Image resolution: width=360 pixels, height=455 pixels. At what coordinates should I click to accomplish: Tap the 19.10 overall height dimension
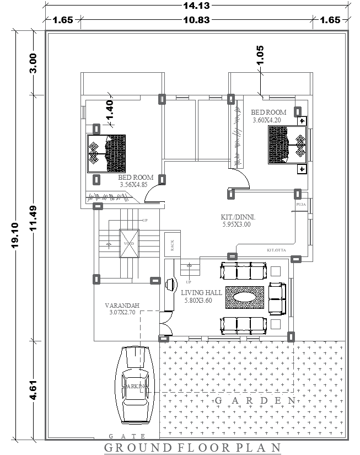[15, 235]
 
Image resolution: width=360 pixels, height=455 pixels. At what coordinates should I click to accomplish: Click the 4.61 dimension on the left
[34, 389]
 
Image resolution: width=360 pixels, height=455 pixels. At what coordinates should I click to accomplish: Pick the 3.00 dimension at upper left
[34, 63]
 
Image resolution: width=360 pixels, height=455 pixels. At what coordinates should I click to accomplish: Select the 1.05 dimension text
[260, 55]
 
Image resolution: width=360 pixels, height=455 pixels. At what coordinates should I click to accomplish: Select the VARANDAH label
[122, 306]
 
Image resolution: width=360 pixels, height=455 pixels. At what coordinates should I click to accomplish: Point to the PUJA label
[301, 204]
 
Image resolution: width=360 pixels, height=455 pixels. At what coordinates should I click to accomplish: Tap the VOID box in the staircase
[128, 243]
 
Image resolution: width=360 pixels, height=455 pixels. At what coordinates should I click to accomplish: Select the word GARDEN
[255, 400]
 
